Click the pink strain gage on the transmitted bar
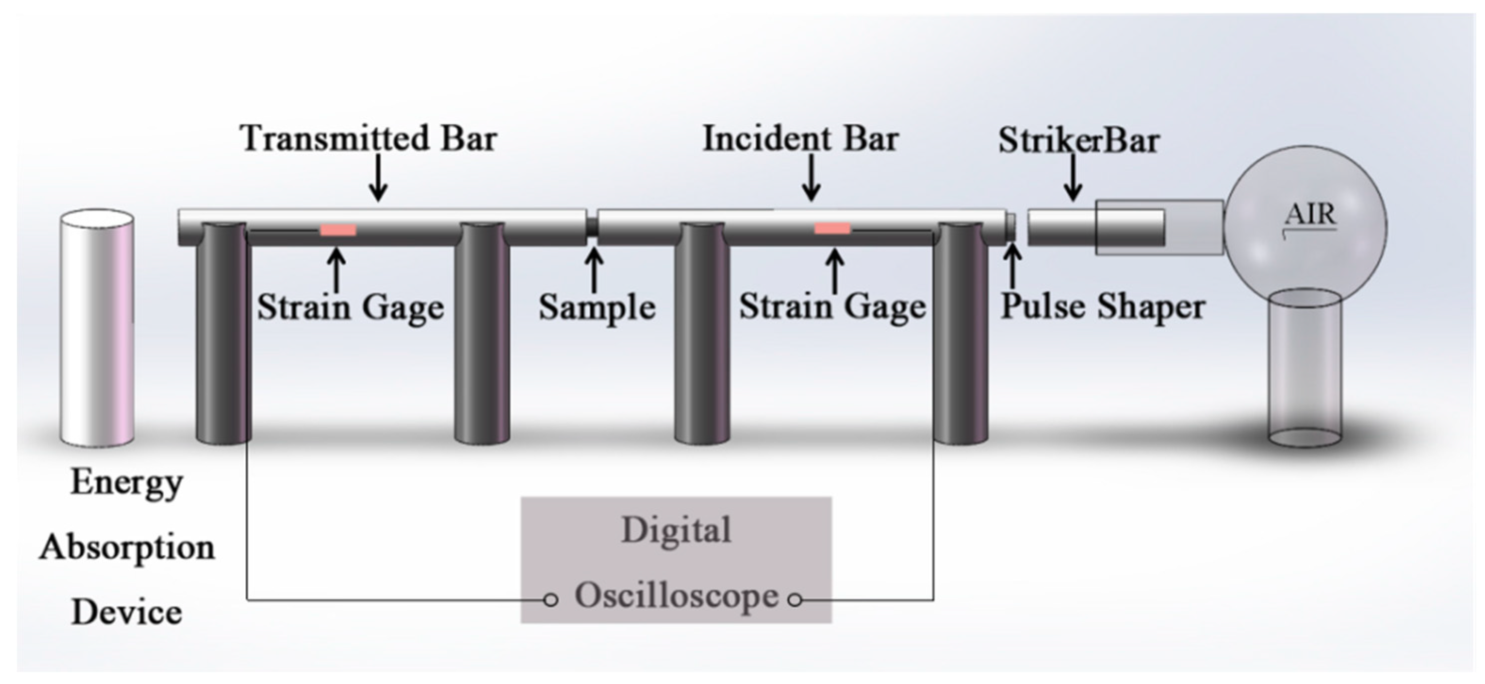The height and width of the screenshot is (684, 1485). coord(338,230)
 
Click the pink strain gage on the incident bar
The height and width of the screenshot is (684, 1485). coord(832,228)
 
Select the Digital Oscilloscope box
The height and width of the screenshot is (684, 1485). coord(676,559)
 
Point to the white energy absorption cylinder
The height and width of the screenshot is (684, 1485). coord(97,328)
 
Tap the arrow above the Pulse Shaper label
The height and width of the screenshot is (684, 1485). coord(1013,266)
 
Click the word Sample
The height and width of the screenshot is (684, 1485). coord(597,307)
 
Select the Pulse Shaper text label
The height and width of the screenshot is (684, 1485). coord(1102,306)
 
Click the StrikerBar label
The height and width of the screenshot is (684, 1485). coord(1079,140)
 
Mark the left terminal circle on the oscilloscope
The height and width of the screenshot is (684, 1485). coord(550,600)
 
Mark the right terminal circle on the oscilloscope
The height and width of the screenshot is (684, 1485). coord(795,600)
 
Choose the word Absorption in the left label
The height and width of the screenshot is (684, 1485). coord(127,547)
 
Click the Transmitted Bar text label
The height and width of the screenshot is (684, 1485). coord(369,138)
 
